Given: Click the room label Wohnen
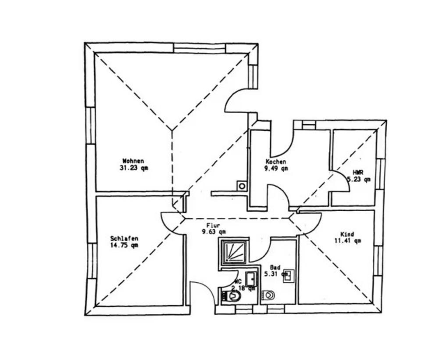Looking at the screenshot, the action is [x=133, y=161].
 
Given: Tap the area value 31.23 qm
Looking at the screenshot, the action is [x=133, y=168].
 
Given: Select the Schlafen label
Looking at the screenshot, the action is [x=124, y=238].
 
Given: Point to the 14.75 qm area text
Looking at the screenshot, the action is [x=124, y=245].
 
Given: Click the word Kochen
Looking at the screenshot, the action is [x=276, y=162].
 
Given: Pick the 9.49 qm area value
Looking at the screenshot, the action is [x=276, y=168].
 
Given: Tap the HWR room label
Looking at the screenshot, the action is [x=358, y=173].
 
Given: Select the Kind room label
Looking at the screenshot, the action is [x=347, y=234].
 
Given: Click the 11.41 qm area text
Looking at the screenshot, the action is [x=347, y=241].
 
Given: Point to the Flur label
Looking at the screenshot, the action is [x=213, y=225].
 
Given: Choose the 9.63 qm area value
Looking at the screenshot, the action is [x=214, y=232].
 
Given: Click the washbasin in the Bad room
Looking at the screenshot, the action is [x=289, y=276].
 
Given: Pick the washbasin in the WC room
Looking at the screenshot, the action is [x=251, y=278].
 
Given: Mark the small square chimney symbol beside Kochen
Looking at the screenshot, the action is [x=242, y=186].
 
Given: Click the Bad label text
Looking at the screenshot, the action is [x=275, y=267].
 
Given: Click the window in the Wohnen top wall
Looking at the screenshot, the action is [x=200, y=48].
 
